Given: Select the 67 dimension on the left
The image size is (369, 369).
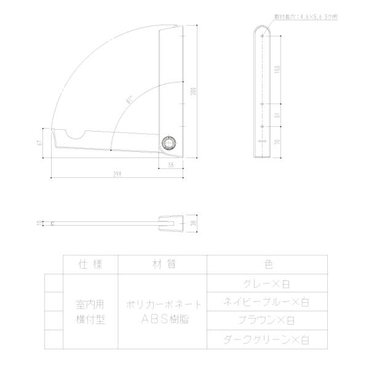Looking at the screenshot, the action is (x=39, y=143).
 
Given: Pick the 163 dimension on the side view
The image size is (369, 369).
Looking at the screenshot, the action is (x=279, y=68).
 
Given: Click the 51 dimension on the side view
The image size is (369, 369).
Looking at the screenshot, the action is (x=279, y=115).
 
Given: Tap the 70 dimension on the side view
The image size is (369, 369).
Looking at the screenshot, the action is (x=279, y=141).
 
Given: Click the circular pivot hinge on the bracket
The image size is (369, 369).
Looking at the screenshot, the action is (x=168, y=143).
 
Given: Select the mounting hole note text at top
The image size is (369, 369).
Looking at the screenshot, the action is (x=305, y=18).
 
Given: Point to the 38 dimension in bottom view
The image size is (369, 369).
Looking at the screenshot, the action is (x=194, y=224).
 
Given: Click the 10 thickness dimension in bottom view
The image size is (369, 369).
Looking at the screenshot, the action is (x=39, y=223).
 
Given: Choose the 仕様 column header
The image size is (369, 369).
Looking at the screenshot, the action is (x=90, y=264).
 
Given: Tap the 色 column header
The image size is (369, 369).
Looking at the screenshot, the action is (x=268, y=264).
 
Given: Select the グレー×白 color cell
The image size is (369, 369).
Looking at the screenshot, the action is (x=268, y=284).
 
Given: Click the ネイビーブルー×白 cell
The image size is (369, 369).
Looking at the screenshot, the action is (x=268, y=302).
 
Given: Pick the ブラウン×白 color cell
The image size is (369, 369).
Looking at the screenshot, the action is (x=268, y=320).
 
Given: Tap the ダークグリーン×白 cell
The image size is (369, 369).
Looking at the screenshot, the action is (x=268, y=339).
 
